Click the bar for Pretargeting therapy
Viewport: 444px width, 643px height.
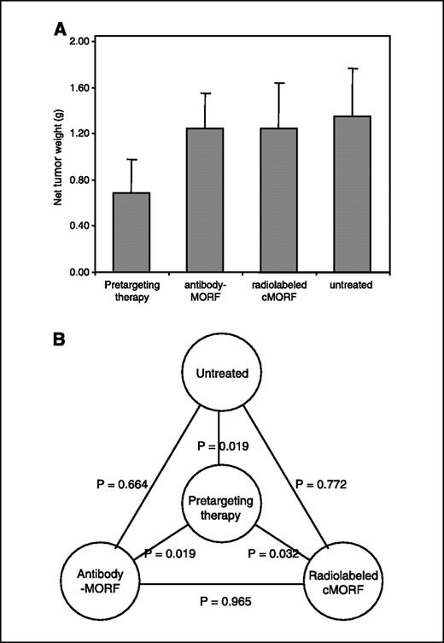coord(131,232)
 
